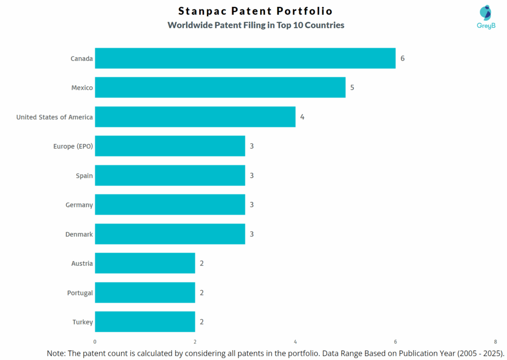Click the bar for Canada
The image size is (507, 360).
pyautogui.click(x=245, y=58)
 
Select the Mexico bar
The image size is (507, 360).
pyautogui.click(x=220, y=88)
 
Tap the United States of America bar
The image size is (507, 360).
pyautogui.click(x=195, y=117)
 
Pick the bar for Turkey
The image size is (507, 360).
pyautogui.click(x=145, y=322)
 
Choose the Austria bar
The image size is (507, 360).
pyautogui.click(x=145, y=263)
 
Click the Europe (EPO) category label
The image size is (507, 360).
pyautogui.click(x=73, y=146)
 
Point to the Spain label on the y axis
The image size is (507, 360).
pyautogui.click(x=84, y=175)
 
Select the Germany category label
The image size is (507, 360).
pyautogui.click(x=79, y=205)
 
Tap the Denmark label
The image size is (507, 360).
pyautogui.click(x=79, y=234)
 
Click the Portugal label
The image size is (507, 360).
pyautogui.click(x=80, y=293)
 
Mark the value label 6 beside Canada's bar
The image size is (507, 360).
pyautogui.click(x=403, y=58)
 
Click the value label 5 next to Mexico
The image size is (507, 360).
pyautogui.click(x=352, y=88)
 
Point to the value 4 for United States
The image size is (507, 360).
pyautogui.click(x=302, y=117)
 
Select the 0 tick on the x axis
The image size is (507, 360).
pyautogui.click(x=95, y=342)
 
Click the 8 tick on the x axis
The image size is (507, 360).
pyautogui.click(x=495, y=342)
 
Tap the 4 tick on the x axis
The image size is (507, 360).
pyautogui.click(x=295, y=342)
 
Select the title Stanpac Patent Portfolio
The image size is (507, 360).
pyautogui.click(x=255, y=11)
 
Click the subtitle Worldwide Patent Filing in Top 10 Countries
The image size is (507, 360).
pyautogui.click(x=255, y=25)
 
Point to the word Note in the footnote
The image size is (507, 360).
pyautogui.click(x=56, y=354)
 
